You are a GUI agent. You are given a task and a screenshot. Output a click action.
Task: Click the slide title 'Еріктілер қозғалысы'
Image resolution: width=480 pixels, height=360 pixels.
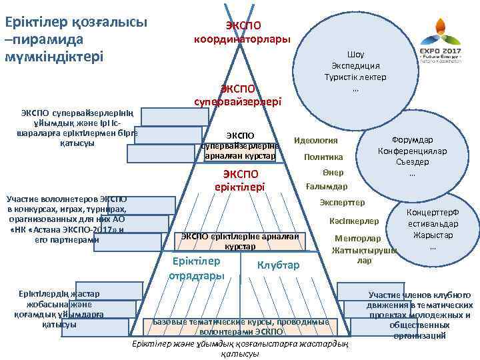(77, 21)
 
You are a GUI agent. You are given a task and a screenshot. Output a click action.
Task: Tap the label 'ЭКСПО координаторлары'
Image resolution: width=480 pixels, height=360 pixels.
(242, 32)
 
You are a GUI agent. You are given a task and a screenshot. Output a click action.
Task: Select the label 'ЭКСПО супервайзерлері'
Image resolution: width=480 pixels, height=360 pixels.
(238, 95)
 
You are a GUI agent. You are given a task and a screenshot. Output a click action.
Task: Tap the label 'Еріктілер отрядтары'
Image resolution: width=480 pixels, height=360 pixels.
(196, 267)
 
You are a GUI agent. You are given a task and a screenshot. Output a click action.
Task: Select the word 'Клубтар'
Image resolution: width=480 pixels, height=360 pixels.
(278, 265)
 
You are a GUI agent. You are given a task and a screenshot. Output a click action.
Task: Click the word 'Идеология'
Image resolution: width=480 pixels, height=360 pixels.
(316, 141)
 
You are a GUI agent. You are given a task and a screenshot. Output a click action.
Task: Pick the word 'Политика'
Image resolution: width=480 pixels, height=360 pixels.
(323, 157)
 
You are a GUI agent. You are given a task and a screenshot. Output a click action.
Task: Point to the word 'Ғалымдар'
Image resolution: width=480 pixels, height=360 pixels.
(326, 186)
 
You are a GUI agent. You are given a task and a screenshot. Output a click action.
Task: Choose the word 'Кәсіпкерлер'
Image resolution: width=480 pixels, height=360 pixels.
(354, 221)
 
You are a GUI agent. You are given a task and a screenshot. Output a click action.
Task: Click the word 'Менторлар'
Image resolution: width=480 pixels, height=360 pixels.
(358, 239)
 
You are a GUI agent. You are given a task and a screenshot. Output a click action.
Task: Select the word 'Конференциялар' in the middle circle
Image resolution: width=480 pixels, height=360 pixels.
(411, 151)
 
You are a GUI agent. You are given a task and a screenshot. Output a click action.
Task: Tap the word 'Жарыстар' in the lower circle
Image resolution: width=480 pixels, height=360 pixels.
(433, 235)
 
